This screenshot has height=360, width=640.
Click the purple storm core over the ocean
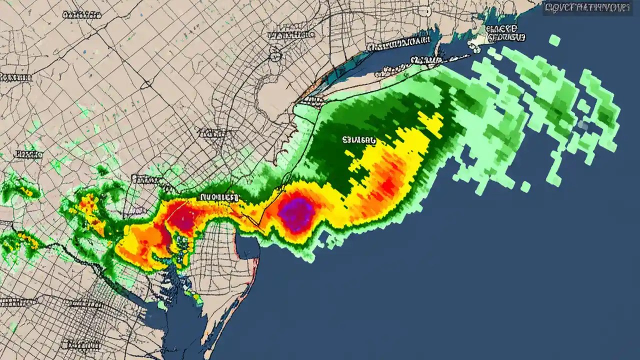coord(296,214)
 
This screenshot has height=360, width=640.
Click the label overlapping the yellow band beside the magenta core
coord(218,197)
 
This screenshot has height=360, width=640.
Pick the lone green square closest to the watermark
coord(554,40)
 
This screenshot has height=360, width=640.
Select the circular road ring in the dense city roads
coord(274,55)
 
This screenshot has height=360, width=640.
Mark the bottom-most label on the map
coord(80,345)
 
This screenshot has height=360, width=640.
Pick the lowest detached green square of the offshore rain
coord(525,186)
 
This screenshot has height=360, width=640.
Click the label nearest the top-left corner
coord(82,15)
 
